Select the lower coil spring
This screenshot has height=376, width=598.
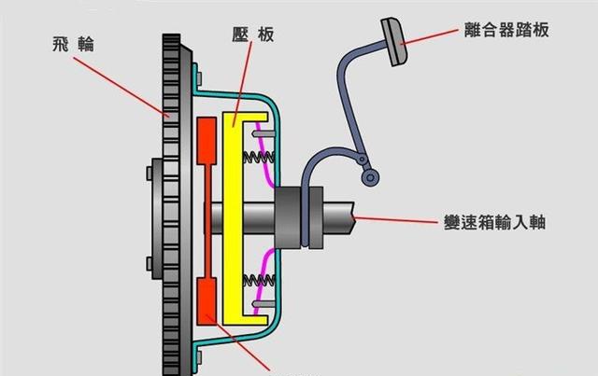tap(255, 280)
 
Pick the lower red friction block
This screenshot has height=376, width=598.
tap(208, 299)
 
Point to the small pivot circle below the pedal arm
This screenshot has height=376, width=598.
tap(371, 177)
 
